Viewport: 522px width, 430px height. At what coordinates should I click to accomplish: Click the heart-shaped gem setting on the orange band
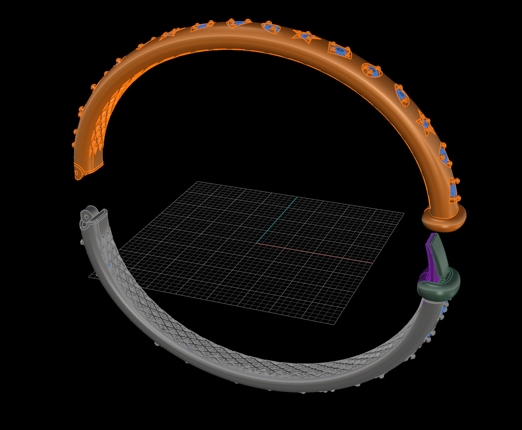click(271, 28)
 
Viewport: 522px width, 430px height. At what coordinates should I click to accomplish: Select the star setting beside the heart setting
click(305, 37)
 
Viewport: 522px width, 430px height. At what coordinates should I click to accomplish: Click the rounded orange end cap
click(444, 220)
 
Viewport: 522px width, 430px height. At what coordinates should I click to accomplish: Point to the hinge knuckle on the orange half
click(78, 174)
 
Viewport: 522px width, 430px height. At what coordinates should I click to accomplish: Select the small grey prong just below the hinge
click(82, 242)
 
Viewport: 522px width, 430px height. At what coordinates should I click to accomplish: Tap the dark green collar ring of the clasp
click(439, 287)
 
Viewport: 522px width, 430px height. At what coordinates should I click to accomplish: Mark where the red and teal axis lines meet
click(256, 242)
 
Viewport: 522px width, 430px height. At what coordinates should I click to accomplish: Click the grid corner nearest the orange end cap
click(404, 213)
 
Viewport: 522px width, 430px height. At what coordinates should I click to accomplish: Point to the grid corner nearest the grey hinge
click(89, 275)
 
